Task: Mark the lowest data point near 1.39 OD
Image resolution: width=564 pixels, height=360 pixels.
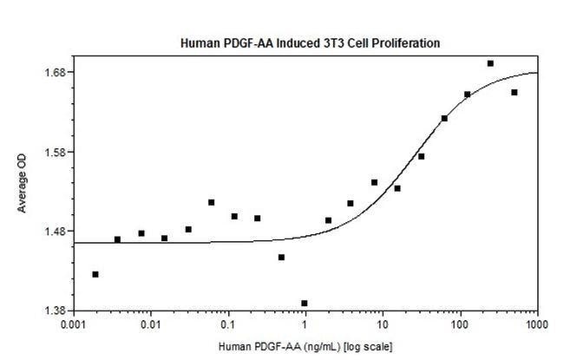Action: point(305,304)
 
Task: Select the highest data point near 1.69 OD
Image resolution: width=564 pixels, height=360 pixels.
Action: point(490,63)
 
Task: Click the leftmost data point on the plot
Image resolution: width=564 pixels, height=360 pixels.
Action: point(95,274)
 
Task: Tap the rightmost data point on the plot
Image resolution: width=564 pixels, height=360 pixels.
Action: point(514,92)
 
